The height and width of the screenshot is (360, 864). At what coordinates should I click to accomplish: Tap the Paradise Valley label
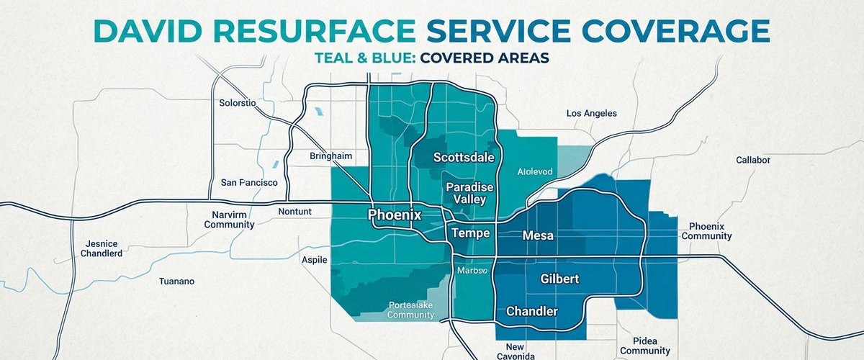tap(470, 193)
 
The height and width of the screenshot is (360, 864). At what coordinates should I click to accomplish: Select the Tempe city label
tap(470, 233)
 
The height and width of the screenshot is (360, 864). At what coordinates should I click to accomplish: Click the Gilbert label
tap(559, 278)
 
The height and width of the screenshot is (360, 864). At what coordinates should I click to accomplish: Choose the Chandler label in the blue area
tap(532, 311)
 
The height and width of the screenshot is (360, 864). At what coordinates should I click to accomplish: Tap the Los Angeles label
tap(591, 113)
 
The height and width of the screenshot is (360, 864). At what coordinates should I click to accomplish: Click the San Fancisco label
tap(249, 183)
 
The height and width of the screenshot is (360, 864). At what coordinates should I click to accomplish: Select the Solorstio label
tap(237, 103)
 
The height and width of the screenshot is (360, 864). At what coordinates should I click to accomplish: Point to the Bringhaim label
tap(331, 156)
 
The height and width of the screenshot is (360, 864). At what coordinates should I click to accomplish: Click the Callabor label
tap(753, 159)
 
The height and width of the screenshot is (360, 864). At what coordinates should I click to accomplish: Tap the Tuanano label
tap(176, 282)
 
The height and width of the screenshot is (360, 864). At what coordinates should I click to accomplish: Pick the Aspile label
tap(314, 259)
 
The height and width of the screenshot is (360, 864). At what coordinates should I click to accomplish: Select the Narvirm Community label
tap(229, 220)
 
